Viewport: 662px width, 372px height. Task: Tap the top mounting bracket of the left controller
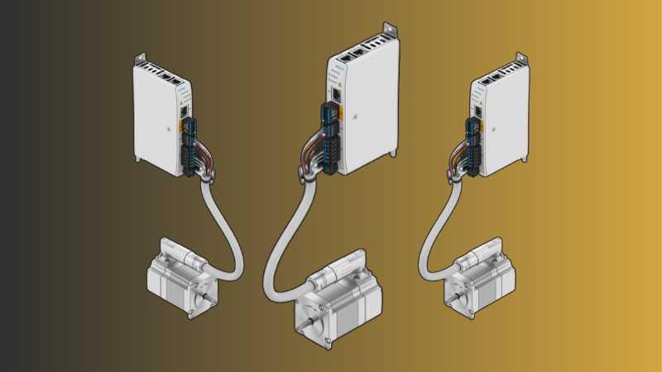pos(142,60)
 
